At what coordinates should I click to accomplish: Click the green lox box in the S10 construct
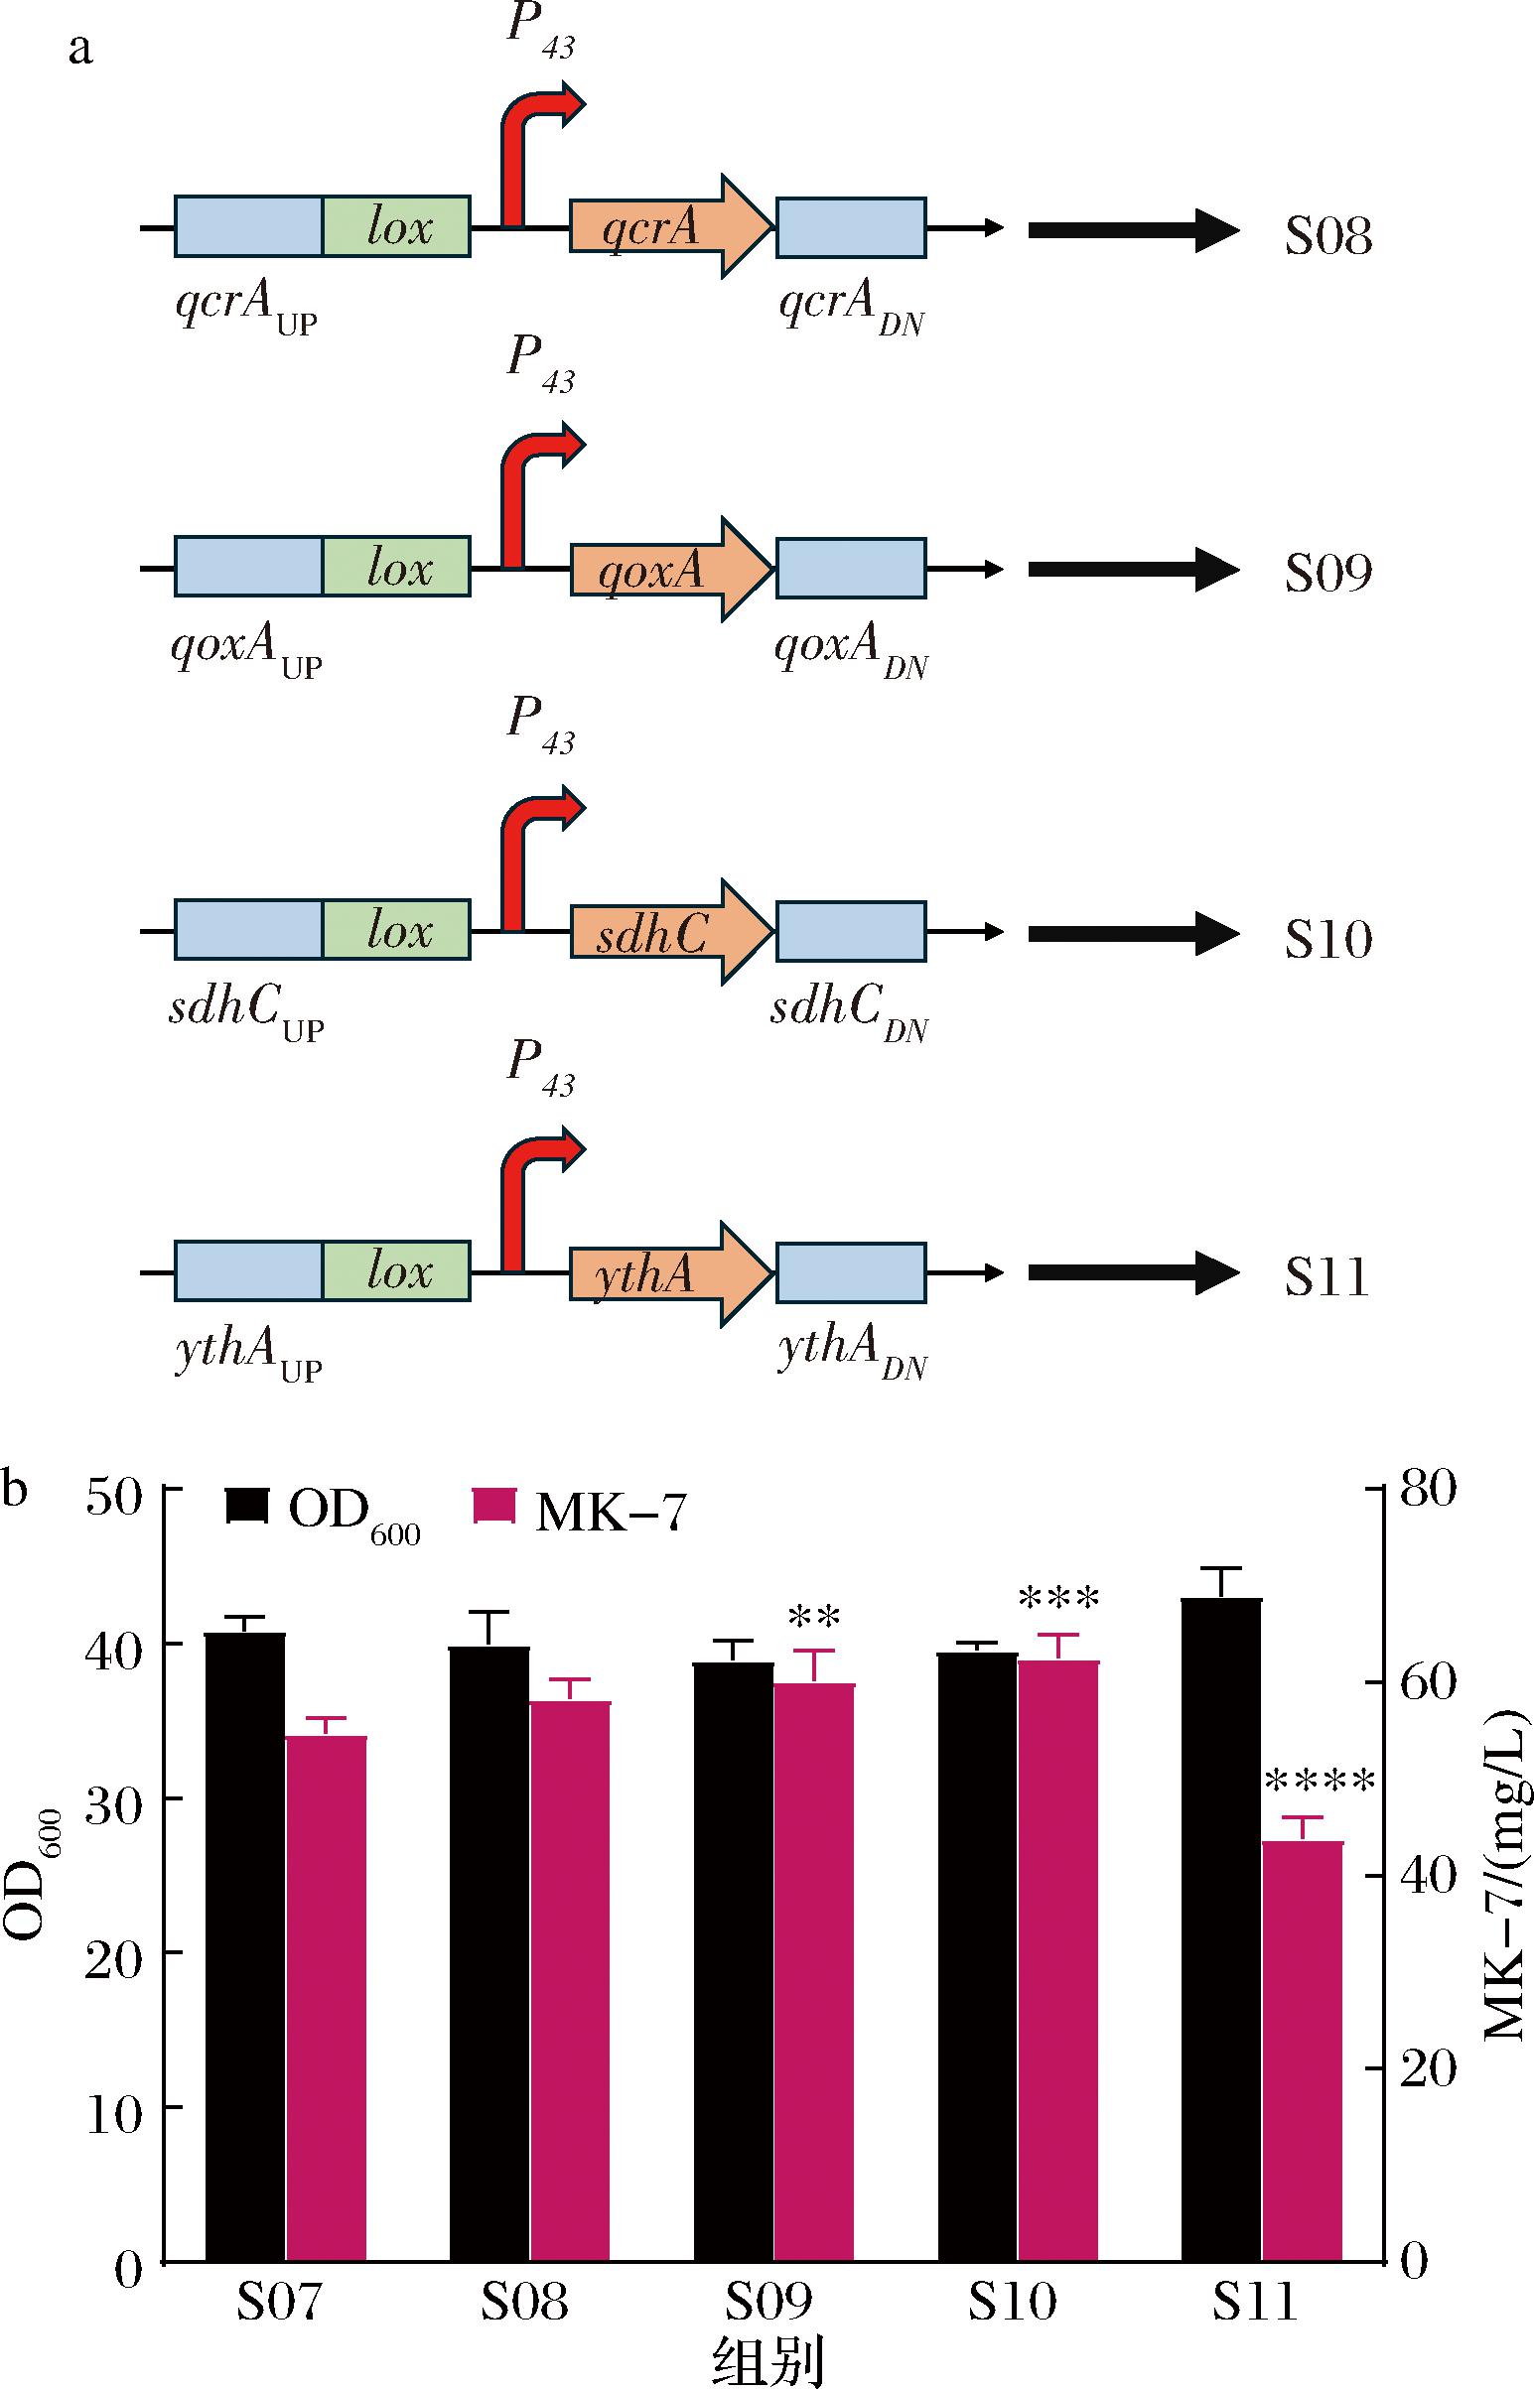point(396,930)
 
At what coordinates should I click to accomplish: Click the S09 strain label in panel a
point(1327,573)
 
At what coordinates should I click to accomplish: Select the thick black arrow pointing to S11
point(1133,1272)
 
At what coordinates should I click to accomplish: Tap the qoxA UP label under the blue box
point(246,649)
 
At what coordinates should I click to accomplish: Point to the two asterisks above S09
point(814,1617)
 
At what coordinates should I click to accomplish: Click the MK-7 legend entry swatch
point(493,1507)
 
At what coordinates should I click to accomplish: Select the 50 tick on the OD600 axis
point(114,1497)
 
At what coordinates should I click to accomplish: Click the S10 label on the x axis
point(1012,2302)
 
